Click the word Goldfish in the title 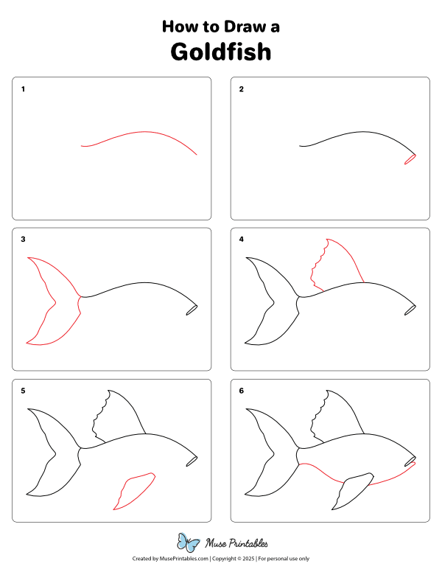(x=221, y=52)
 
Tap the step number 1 (x=24, y=90)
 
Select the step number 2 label (x=242, y=90)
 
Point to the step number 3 (x=24, y=240)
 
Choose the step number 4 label (x=242, y=240)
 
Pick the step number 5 (x=24, y=391)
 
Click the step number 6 (x=242, y=391)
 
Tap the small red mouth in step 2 (x=410, y=159)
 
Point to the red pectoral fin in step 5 (x=133, y=490)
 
